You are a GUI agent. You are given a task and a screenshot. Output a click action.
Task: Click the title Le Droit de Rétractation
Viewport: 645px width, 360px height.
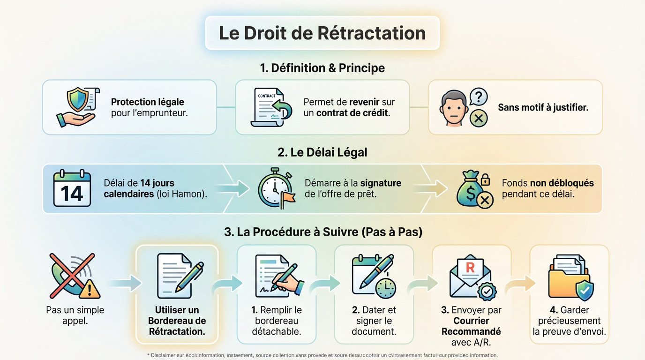pyautogui.click(x=322, y=33)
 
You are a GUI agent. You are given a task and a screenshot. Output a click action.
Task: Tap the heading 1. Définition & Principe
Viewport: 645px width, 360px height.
pyautogui.click(x=322, y=68)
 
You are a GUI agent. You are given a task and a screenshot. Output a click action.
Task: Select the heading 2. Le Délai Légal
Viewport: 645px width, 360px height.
pyautogui.click(x=322, y=152)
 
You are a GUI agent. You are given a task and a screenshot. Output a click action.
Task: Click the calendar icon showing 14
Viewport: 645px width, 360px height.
pyautogui.click(x=72, y=188)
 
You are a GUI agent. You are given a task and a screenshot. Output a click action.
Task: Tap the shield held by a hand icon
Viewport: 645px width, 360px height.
pyautogui.click(x=76, y=107)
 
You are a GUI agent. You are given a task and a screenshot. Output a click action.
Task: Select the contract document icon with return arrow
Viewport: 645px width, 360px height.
pyautogui.click(x=271, y=107)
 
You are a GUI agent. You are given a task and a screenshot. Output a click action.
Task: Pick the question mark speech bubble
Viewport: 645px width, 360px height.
pyautogui.click(x=479, y=97)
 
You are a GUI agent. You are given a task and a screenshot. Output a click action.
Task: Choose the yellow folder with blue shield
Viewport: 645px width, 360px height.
pyautogui.click(x=570, y=277)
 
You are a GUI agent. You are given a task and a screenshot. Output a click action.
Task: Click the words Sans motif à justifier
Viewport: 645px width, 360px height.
pyautogui.click(x=543, y=107)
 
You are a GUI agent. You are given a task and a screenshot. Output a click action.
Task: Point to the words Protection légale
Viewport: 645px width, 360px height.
pyautogui.click(x=147, y=102)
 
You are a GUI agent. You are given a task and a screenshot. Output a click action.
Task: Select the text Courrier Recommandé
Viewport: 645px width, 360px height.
pyautogui.click(x=471, y=326)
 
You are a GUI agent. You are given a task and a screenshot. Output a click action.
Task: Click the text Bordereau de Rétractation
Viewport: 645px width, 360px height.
pyautogui.click(x=177, y=326)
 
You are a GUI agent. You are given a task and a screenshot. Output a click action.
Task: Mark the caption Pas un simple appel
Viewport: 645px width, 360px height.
pyautogui.click(x=75, y=315)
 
